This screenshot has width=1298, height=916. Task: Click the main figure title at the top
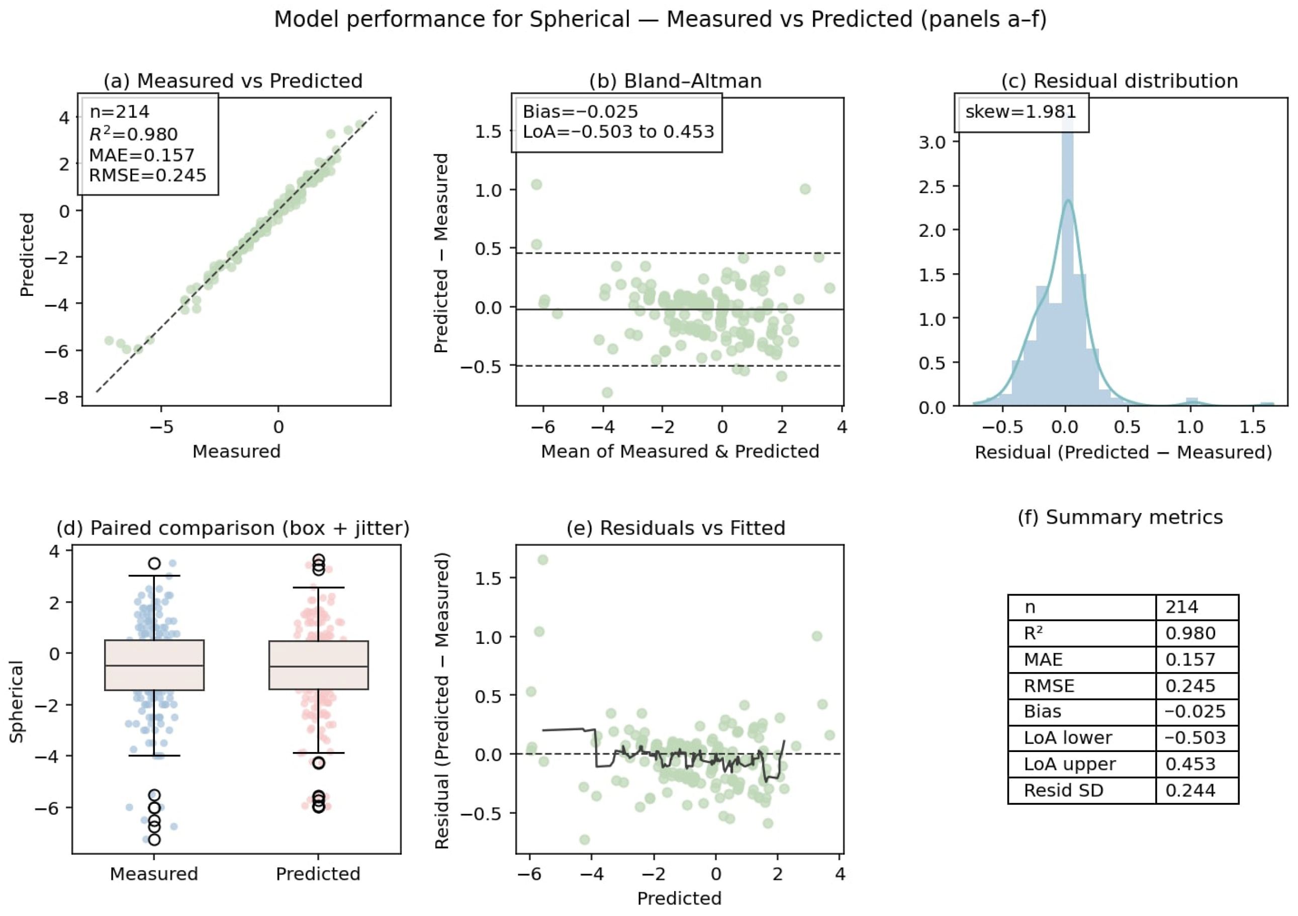point(660,20)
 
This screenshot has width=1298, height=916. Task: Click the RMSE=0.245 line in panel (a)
point(148,176)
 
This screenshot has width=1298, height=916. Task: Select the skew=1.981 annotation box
point(1021,112)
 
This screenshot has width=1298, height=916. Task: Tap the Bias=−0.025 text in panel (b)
point(580,112)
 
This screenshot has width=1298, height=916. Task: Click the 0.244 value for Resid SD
point(1189,790)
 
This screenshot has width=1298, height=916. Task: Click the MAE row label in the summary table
point(1043,659)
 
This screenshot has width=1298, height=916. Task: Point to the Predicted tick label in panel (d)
point(318,874)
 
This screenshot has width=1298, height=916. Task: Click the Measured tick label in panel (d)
point(154,874)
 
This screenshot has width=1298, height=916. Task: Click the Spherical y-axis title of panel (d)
point(17,702)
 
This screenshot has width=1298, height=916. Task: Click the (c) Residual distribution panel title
point(1120,81)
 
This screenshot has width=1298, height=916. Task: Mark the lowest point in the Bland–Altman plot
point(607,392)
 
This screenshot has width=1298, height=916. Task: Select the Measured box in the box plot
point(154,665)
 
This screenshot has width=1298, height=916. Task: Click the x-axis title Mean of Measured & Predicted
point(680,452)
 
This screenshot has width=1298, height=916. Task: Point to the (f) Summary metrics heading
point(1120,517)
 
